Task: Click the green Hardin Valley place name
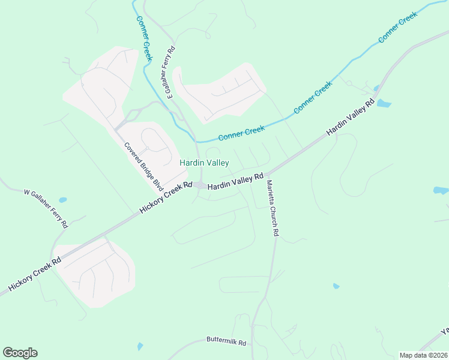coord(204,163)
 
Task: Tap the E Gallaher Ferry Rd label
coord(170,72)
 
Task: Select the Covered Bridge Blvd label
coord(143,167)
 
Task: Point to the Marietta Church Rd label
coord(273,208)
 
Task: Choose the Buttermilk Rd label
coord(226,343)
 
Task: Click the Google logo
coord(20,353)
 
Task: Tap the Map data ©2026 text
coord(423,355)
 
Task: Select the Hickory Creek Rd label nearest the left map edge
coord(35,274)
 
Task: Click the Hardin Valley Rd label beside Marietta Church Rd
coord(235,182)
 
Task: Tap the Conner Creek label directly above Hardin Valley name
coord(241,133)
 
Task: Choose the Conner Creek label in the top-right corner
coord(397,28)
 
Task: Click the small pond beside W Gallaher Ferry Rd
coord(62,200)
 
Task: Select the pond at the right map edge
coord(441,190)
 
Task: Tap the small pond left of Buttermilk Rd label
coord(140,346)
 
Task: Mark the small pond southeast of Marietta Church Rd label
coord(336,286)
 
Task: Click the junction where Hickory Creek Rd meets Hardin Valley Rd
coord(200,185)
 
